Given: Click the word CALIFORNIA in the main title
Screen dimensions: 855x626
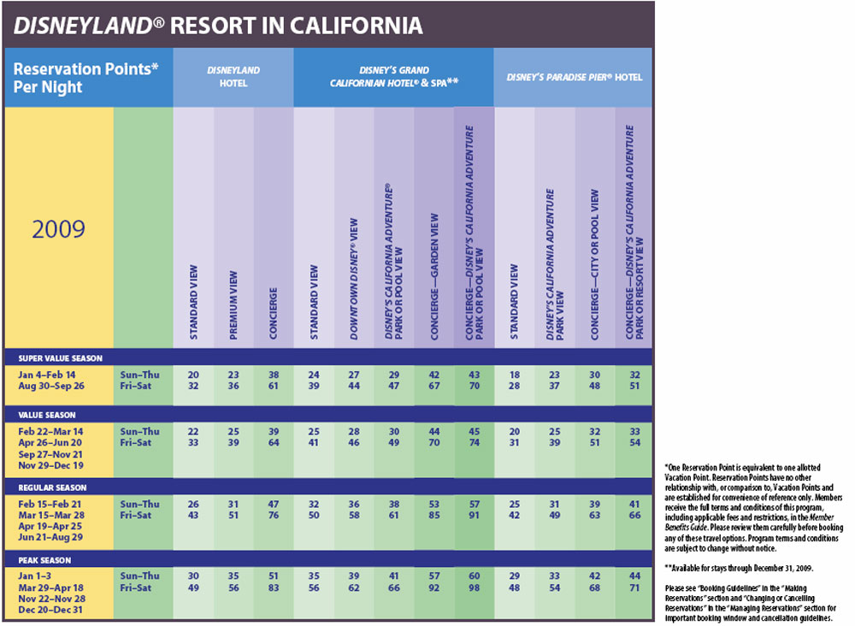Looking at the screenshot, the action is pos(356,26).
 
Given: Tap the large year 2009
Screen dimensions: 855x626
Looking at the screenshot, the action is pos(58,229).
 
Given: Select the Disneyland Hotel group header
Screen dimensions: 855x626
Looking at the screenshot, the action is pos(233,77).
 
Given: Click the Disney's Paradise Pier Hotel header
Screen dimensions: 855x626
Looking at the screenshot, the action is pos(575,78).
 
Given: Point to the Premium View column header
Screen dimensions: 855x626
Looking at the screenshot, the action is pos(233,305).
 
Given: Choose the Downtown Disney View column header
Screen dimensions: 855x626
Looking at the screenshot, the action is pos(354,279).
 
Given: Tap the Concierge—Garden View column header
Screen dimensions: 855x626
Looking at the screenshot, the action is pos(434,277).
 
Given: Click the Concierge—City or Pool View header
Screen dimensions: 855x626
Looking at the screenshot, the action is pos(594,264).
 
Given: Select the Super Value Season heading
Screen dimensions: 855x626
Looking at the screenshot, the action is pos(61,358).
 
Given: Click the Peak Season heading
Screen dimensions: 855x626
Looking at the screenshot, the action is pos(44,560).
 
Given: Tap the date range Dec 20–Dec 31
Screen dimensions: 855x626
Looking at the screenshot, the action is pos(50,610).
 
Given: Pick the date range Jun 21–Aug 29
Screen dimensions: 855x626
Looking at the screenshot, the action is pos(50,537).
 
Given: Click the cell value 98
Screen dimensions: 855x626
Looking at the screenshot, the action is pos(475,588).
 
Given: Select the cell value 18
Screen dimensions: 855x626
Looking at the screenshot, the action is pos(514,375).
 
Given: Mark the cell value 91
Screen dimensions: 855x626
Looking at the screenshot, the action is pos(475,516).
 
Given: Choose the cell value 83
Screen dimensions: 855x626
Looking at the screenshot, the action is pos(274,588).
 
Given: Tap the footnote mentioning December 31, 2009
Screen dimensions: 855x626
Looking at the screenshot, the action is pos(739,568).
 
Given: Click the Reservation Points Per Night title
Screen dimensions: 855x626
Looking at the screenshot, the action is pos(85,78).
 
